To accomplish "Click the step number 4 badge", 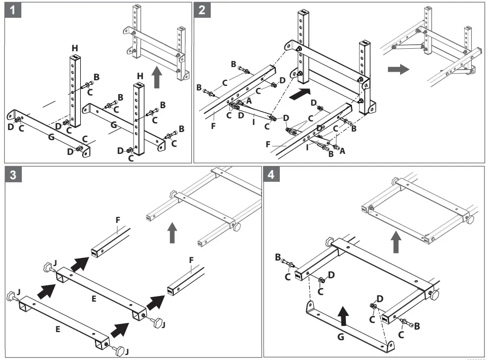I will [272, 174].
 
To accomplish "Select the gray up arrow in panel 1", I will [157, 79].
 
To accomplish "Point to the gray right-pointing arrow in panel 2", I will [398, 69].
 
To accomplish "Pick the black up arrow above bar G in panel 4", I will [344, 314].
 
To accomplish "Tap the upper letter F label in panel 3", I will [117, 219].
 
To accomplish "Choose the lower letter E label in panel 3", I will [58, 329].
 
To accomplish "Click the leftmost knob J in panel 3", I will [11, 296].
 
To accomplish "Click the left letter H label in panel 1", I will [75, 48].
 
